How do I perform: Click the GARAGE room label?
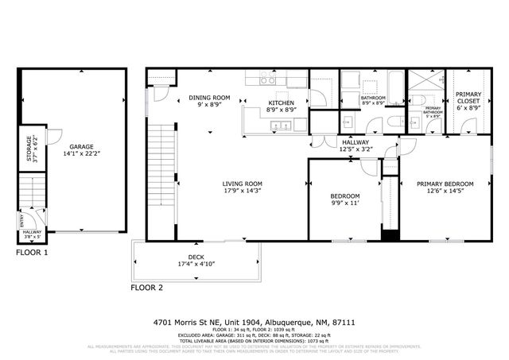click(x=80, y=147)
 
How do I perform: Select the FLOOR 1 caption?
click(x=33, y=253)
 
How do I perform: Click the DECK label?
click(x=196, y=257)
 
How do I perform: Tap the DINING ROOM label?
click(x=209, y=98)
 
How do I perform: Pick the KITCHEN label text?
click(x=281, y=103)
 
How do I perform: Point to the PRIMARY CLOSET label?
click(x=468, y=98)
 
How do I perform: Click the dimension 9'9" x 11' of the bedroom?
click(x=346, y=204)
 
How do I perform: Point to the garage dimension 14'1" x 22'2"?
click(x=80, y=155)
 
